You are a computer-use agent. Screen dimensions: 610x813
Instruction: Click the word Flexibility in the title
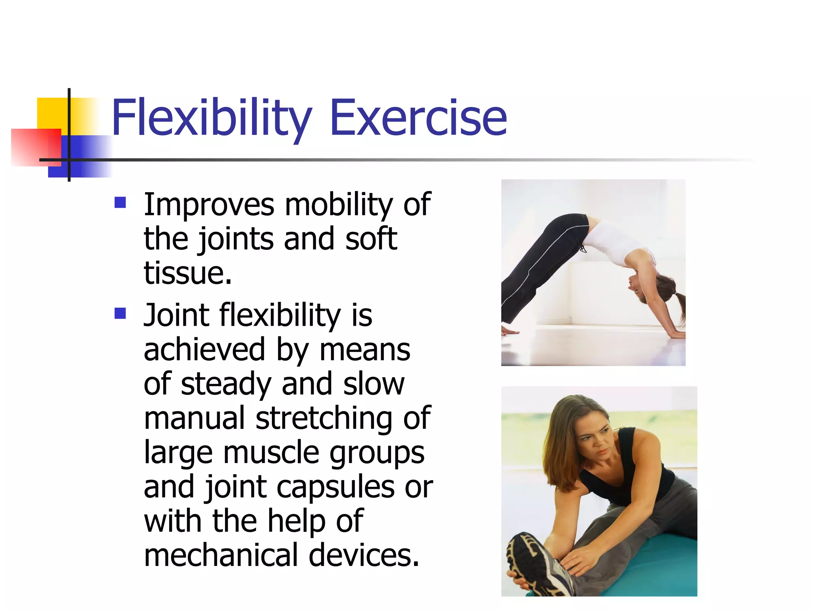tap(212, 118)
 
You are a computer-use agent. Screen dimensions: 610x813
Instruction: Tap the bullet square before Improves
tap(120, 203)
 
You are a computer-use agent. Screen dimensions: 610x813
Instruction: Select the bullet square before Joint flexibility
tap(120, 313)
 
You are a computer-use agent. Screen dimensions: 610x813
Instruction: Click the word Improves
tap(209, 205)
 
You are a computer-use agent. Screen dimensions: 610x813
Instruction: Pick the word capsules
tap(335, 487)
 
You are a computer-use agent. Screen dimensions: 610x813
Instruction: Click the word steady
tap(226, 384)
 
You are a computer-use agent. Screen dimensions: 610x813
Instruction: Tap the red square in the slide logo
tap(36, 147)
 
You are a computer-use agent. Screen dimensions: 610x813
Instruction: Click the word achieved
tap(204, 349)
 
